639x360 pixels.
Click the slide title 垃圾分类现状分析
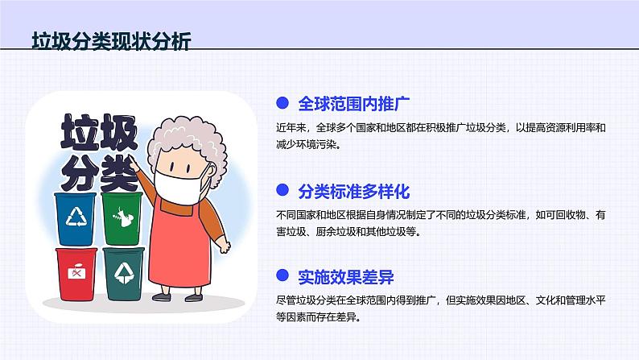click(x=111, y=42)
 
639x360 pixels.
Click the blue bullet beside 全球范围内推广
click(x=282, y=103)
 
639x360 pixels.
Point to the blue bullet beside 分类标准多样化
click(x=282, y=191)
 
